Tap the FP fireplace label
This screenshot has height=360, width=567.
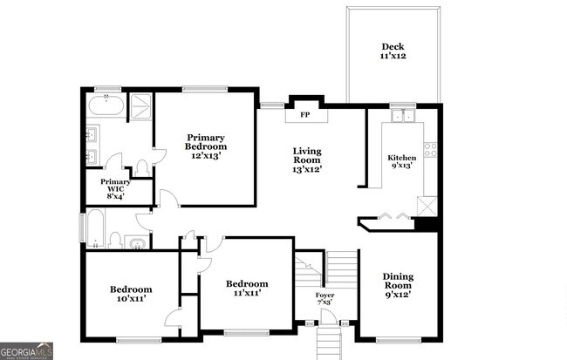point(305,115)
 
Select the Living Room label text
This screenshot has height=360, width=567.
point(306,160)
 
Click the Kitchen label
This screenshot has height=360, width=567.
point(402,161)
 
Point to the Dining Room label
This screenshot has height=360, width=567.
point(398,285)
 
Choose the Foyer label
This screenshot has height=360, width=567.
point(325,298)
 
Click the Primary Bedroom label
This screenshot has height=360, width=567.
point(206,142)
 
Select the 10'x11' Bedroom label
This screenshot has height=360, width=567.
point(131,294)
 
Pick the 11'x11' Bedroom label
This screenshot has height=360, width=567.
point(247,289)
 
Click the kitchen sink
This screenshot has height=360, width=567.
point(403,117)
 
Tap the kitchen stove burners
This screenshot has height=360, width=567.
point(430,149)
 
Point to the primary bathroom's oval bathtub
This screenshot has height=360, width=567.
point(106,107)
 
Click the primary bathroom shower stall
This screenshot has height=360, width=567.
point(139,107)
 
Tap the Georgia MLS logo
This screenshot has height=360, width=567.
point(27,350)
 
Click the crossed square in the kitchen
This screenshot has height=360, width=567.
point(426,206)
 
